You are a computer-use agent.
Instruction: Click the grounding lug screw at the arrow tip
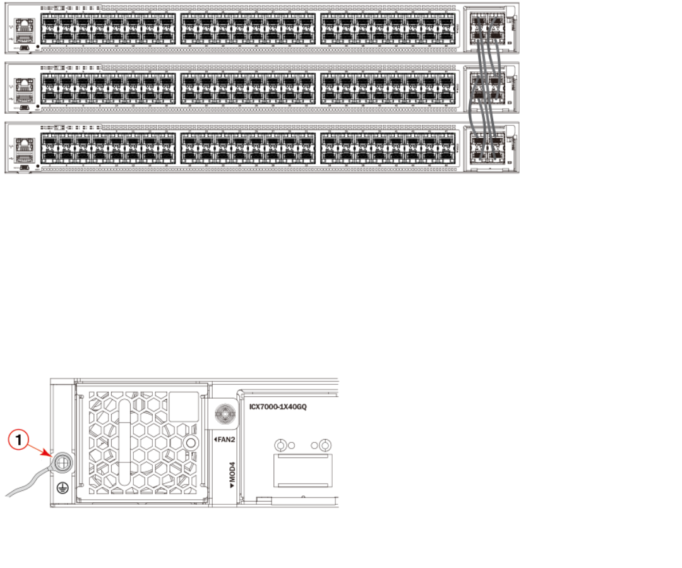61,463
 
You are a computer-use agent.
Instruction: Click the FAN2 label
225,438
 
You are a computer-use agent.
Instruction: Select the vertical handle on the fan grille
124,441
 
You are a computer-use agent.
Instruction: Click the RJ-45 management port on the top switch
25,27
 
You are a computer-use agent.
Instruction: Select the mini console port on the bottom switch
24,168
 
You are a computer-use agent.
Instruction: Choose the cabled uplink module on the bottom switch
488,147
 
